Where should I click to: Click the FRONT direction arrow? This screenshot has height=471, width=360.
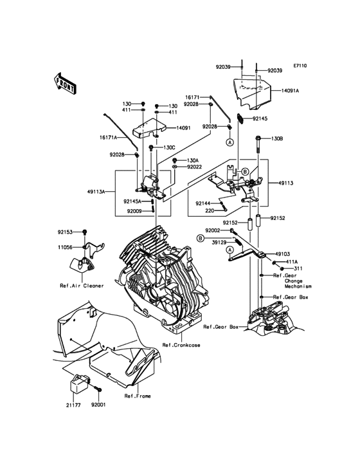64,84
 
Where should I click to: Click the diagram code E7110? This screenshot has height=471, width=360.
300,66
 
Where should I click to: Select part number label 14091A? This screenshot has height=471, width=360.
290,91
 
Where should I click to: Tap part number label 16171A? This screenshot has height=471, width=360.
108,137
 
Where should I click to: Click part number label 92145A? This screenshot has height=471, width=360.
132,201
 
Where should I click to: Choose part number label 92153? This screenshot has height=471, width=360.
65,232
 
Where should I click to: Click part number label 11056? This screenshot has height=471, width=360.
65,247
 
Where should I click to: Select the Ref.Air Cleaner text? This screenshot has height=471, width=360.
82,286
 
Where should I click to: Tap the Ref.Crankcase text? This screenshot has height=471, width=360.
181,345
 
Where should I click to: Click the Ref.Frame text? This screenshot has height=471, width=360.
138,396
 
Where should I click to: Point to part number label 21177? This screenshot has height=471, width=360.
73,405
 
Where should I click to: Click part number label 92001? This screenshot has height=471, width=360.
99,405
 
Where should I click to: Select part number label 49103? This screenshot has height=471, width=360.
283,254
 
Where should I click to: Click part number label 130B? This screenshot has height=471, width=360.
277,139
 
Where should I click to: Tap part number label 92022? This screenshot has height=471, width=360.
194,167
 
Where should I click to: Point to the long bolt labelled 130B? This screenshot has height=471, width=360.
258,144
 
